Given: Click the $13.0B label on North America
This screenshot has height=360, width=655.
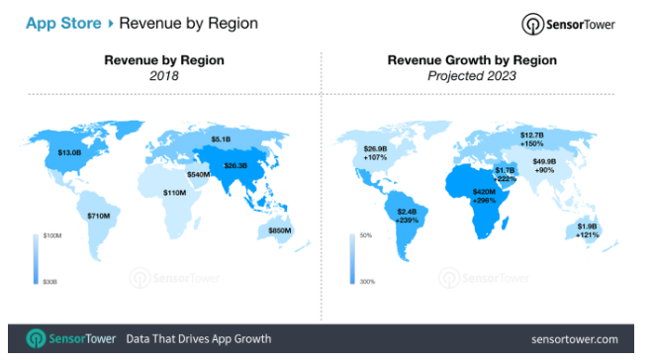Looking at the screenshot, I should tap(69, 153).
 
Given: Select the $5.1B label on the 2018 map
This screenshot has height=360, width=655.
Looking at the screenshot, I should tap(224, 138).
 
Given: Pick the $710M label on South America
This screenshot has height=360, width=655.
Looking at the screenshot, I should tap(97, 215).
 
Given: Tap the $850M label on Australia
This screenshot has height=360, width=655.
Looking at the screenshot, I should tap(281, 230).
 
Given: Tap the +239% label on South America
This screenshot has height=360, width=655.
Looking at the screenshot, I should tap(407, 220).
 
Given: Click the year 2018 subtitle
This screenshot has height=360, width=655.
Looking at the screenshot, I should tap(164, 75).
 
